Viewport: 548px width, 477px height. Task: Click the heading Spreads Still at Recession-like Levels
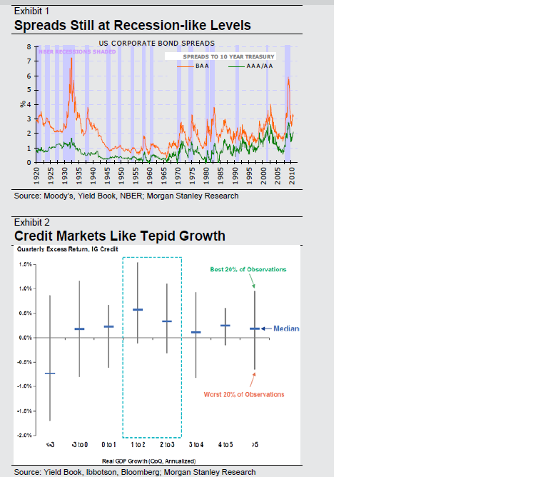coord(132,26)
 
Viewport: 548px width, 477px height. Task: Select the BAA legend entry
coord(202,66)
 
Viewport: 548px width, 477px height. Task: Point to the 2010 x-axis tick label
coord(293,176)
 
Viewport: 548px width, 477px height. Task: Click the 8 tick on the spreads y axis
coord(28,46)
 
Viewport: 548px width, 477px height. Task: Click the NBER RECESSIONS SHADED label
coord(76,52)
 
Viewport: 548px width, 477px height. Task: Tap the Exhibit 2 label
coord(33,222)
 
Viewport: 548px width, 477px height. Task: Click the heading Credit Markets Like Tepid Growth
coord(119,236)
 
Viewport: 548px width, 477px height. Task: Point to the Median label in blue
coord(286,328)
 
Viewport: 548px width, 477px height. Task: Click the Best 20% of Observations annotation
coord(248,269)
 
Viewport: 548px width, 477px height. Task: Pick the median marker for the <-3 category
coord(50,373)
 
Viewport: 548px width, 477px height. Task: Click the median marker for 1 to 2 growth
coord(138,309)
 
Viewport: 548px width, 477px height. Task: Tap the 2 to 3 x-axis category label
coord(166,445)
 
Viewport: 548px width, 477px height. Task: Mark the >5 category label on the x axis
coord(255,445)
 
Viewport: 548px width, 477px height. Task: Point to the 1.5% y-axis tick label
coord(26,264)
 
